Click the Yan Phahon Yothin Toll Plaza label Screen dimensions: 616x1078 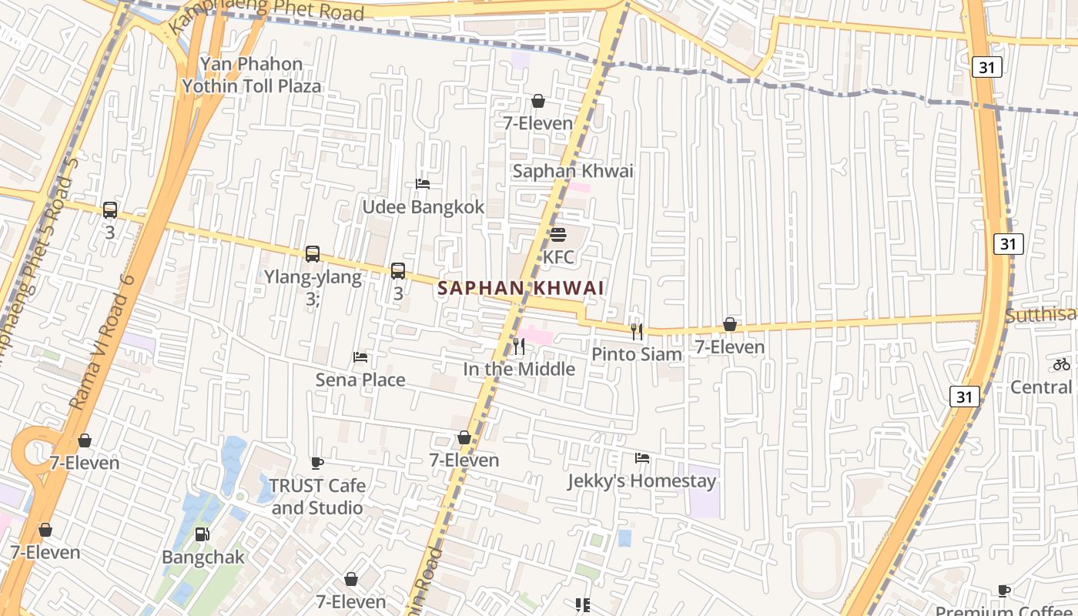pos(251,75)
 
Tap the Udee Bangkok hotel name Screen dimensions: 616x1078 pos(423,207)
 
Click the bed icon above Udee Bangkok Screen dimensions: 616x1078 pos(423,184)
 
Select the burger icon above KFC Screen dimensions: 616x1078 pos(558,235)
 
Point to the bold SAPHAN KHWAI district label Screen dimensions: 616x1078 pos(521,288)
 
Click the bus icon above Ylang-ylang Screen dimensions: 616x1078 pos(312,254)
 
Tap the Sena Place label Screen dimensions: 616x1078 pos(360,380)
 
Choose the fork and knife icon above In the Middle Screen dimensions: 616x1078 pos(519,346)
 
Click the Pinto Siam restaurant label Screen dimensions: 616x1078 pos(637,354)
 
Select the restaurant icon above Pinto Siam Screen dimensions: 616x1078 pos(637,332)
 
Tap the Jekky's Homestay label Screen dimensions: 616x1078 pos(641,481)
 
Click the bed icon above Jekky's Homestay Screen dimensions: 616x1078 pos(641,459)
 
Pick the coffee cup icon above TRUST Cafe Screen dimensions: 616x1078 pos(316,464)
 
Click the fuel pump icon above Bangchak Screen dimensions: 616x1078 pos(202,534)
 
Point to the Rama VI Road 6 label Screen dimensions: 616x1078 pos(102,341)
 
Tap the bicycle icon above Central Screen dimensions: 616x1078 pos(1062,364)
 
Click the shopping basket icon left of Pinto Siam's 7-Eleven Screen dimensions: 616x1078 pos(729,325)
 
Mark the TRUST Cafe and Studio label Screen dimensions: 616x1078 pos(317,497)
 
